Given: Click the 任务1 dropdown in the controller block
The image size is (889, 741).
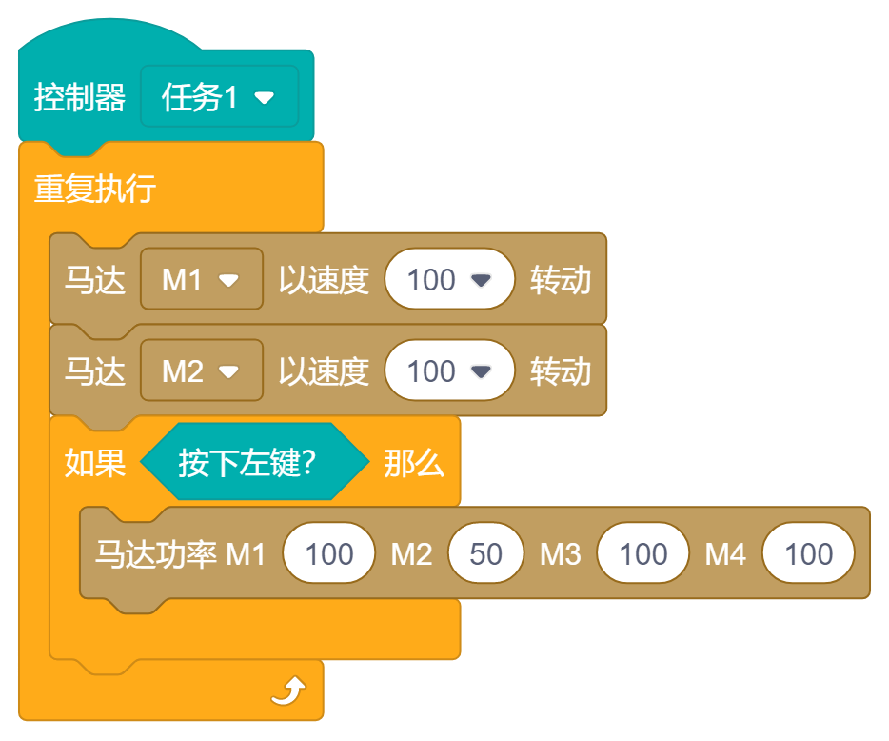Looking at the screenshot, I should pyautogui.click(x=219, y=97).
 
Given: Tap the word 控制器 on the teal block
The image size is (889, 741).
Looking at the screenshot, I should pyautogui.click(x=80, y=97).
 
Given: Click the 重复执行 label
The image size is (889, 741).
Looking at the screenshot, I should pyautogui.click(x=95, y=189).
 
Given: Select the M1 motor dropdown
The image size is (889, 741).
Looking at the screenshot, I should pyautogui.click(x=201, y=280).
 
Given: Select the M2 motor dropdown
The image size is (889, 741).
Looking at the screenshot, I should pyautogui.click(x=201, y=371).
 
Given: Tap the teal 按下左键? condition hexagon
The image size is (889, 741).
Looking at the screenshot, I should pyautogui.click(x=253, y=463).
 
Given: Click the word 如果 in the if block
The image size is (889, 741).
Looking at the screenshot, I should pyautogui.click(x=95, y=463).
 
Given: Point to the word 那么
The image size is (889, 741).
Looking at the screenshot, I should pyautogui.click(x=414, y=463).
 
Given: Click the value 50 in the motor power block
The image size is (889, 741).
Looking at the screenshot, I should pyautogui.click(x=486, y=554).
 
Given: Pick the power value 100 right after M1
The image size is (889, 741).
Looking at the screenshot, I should pyautogui.click(x=329, y=554).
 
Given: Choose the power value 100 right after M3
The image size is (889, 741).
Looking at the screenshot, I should pyautogui.click(x=643, y=554).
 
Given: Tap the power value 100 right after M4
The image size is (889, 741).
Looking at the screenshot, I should pyautogui.click(x=809, y=554).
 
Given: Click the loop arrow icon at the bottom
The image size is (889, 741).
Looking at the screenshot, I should pyautogui.click(x=287, y=691).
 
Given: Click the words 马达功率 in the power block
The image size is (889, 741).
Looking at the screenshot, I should pyautogui.click(x=156, y=554).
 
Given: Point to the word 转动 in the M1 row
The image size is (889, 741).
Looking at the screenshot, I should pyautogui.click(x=561, y=280).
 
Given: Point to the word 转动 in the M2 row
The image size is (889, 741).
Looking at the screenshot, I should pyautogui.click(x=561, y=371).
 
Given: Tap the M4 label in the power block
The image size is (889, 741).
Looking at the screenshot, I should pyautogui.click(x=725, y=554).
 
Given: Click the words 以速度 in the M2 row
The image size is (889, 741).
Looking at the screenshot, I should pyautogui.click(x=324, y=371).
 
